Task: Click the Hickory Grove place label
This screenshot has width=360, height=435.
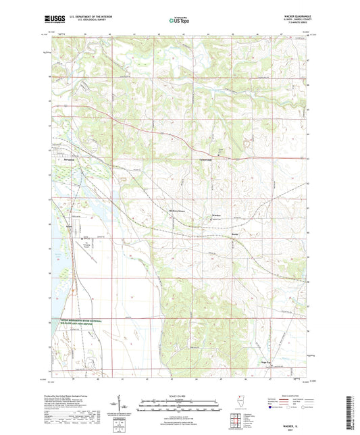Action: pos(176,211)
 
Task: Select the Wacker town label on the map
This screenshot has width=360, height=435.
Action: pos(217,215)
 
